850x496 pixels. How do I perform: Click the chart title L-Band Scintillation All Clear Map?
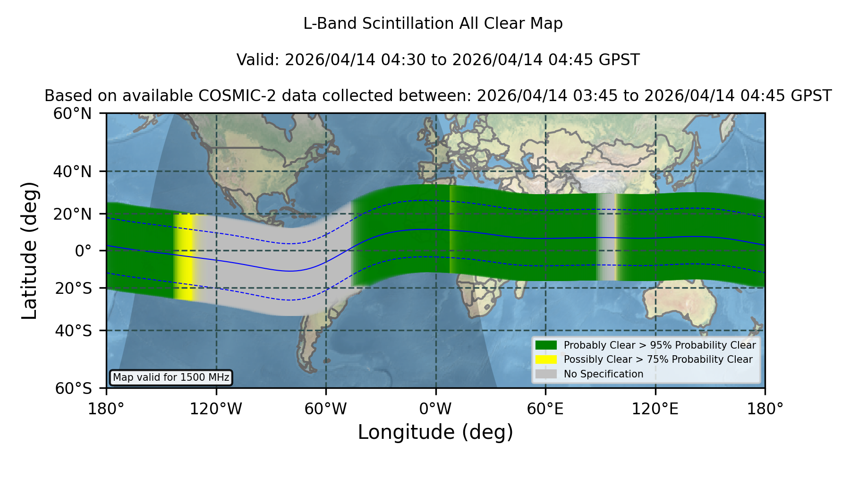click(433, 24)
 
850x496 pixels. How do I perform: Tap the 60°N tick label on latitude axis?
click(73, 114)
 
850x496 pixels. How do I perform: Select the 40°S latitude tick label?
click(74, 331)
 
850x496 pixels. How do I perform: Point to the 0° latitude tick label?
click(84, 251)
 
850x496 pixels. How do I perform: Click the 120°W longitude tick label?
click(216, 409)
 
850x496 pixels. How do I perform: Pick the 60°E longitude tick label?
click(545, 409)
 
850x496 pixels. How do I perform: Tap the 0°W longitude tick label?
click(435, 409)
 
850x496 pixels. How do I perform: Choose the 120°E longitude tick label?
click(655, 409)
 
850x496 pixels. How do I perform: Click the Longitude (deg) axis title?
click(435, 432)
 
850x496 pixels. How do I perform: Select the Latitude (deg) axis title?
click(30, 251)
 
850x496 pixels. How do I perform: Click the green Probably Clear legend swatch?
click(546, 345)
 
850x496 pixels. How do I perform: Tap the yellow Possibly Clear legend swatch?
click(546, 359)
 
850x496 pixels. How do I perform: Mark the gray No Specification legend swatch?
click(546, 374)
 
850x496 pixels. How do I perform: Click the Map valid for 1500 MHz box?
click(171, 377)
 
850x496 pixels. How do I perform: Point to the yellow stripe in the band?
click(185, 257)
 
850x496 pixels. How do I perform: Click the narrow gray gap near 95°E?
click(606, 237)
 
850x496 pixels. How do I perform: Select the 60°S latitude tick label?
click(74, 388)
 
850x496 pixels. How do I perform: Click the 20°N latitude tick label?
click(73, 214)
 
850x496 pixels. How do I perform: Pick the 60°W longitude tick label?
click(326, 409)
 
